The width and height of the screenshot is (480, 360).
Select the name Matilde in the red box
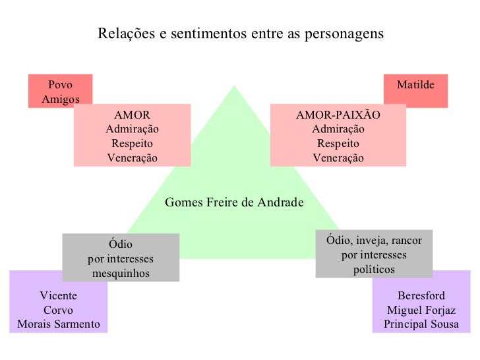point(416,85)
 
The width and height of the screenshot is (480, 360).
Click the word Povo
point(60,85)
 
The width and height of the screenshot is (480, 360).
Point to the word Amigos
point(60,100)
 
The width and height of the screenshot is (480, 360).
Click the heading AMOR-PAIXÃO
point(338,114)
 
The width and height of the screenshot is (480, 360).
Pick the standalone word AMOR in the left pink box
point(132,114)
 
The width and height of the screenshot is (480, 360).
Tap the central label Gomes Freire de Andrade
point(234,202)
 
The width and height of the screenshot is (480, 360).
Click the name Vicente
point(59,295)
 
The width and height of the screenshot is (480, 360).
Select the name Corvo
point(59,310)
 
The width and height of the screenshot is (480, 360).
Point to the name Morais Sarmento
point(59,324)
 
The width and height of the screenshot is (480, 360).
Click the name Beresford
point(421,295)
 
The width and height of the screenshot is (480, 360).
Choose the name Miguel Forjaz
point(421,310)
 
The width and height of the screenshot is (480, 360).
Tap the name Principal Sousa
point(421,324)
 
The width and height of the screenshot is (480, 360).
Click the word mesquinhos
point(121,274)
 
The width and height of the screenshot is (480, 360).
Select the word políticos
point(373,269)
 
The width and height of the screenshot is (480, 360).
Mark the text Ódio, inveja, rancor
point(373,240)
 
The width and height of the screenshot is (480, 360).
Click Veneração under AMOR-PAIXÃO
point(338,158)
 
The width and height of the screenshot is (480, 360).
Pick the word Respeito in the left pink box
point(132,143)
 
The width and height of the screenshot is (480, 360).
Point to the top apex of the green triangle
point(234,86)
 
